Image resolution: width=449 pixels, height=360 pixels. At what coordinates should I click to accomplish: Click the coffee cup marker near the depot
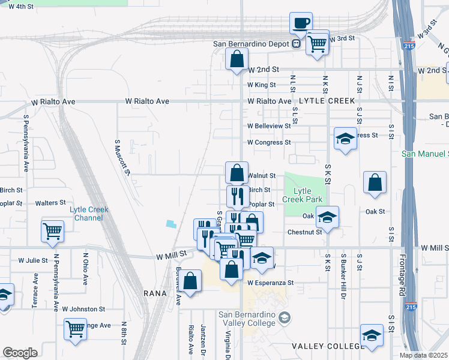coord(301,24)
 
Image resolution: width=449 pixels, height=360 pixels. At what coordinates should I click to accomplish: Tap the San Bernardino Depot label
coord(252,44)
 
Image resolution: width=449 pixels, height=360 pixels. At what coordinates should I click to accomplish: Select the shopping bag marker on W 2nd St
coord(237,60)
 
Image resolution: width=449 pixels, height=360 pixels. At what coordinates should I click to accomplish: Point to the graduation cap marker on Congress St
coord(345,139)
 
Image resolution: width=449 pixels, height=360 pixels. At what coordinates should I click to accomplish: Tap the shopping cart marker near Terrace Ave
coord(53,231)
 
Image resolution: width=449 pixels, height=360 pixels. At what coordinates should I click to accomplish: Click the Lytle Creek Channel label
coord(89,213)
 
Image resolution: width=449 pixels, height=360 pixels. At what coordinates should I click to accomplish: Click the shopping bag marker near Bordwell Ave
coord(190,281)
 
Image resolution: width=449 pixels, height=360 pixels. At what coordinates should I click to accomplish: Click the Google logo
coord(20,353)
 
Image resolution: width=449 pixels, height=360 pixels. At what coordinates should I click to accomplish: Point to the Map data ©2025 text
coord(423,355)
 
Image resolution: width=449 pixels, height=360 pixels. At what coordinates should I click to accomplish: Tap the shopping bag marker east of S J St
coord(375,183)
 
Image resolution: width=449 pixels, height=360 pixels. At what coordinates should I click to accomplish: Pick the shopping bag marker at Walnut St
coord(237,172)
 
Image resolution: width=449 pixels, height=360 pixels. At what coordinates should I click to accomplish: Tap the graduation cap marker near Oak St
coord(327,217)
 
